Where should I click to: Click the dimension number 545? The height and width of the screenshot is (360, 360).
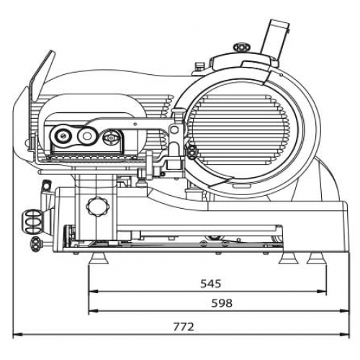point(210,284)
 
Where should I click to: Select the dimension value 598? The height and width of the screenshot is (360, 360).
point(222,303)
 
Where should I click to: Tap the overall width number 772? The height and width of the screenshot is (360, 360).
point(184,327)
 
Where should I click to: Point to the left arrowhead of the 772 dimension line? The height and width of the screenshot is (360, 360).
point(17,334)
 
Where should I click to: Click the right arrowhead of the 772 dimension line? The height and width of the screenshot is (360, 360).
point(345,334)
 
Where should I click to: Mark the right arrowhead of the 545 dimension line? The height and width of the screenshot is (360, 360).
point(322,292)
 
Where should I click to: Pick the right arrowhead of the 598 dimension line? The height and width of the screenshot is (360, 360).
point(345,311)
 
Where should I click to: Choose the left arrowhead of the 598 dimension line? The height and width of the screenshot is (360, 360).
point(94,311)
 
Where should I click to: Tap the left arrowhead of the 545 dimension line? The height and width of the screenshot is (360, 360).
point(94,292)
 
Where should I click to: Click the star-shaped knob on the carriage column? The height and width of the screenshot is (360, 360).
point(98,206)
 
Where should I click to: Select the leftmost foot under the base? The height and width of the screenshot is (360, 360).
point(99,258)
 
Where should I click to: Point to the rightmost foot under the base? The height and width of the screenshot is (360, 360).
point(317,258)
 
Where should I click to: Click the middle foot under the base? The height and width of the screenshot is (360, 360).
point(289,258)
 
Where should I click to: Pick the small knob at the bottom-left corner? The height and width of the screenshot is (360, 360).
point(36,243)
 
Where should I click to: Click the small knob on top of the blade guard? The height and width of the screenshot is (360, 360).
point(242,47)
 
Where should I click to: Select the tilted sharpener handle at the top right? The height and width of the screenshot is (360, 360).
point(276,40)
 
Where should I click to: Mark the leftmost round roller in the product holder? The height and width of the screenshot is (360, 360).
point(62,136)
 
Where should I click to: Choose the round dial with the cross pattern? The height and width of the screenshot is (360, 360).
point(111,138)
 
